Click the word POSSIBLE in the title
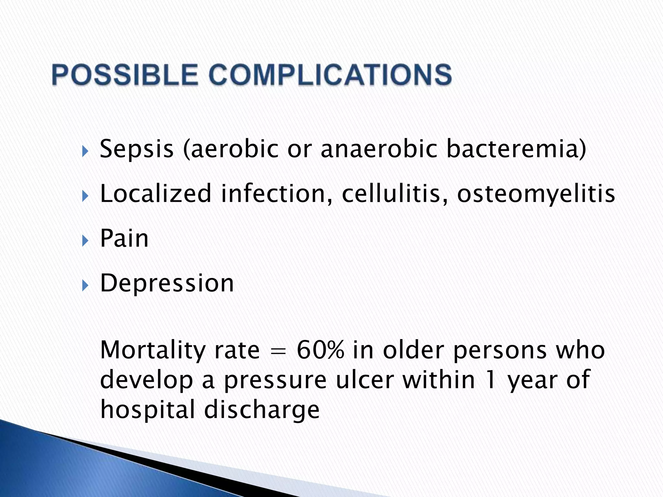pos(125,75)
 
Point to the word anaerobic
pos(379,149)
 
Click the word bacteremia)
pos(516,149)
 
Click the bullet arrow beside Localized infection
pos(85,196)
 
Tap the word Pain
pos(124,238)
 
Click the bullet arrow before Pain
pos(85,241)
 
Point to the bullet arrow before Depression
pos(85,285)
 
